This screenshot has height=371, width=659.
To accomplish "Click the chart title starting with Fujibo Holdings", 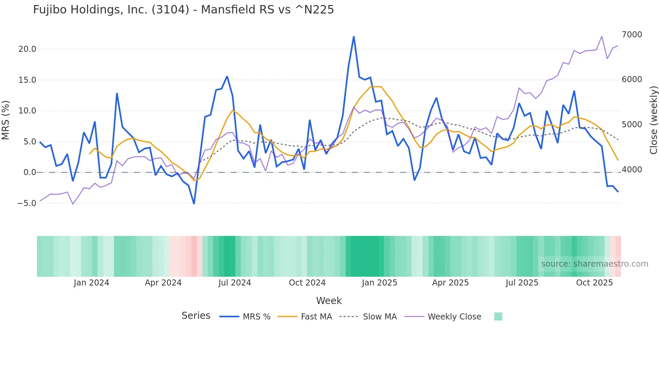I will click(183, 10).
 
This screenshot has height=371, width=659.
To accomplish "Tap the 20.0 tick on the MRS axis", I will click(27, 49).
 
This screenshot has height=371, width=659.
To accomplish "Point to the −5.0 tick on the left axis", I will click(27, 203).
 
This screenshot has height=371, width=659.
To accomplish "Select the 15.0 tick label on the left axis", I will click(27, 80).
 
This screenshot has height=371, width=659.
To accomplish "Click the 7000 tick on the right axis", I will click(632, 35).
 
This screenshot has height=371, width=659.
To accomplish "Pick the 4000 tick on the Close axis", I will click(632, 170).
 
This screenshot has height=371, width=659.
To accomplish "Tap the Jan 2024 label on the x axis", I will click(91, 283).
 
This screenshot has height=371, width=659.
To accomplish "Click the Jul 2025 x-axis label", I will click(522, 283).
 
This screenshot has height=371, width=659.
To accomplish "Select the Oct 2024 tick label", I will click(307, 283).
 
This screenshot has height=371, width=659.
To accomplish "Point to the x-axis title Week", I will click(329, 301).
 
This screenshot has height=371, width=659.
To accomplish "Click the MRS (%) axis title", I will click(6, 120).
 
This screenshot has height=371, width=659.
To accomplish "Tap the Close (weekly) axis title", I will click(653, 120).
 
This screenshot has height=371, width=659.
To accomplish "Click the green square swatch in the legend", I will click(498, 316).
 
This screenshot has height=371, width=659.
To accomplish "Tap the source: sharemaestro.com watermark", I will click(594, 264).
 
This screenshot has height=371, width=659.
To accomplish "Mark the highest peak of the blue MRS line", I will click(354, 37).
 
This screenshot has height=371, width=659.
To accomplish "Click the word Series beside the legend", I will click(196, 316).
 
